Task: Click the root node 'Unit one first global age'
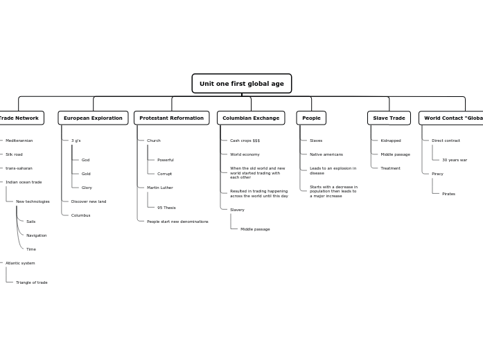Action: pos(241,84)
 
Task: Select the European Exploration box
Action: pos(93,118)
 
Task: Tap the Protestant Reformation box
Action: pos(171,118)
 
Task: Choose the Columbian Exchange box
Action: pos(251,118)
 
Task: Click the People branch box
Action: pos(311,118)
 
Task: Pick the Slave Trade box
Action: pos(389,118)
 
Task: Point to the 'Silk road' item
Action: pos(14,154)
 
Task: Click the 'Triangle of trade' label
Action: pos(32,282)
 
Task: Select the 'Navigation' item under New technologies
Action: pos(37,235)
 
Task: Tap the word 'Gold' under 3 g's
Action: pos(86,174)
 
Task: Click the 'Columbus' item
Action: pos(80,215)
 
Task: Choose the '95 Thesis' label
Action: pos(166,208)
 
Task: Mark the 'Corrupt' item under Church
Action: pos(164,174)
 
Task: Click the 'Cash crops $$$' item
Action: pos(245,141)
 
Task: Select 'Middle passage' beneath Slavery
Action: pos(255,229)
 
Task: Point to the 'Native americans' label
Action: pos(326,154)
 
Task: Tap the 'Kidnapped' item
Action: pos(390,141)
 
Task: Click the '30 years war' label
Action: pos(455,160)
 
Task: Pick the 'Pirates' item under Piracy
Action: pos(448,194)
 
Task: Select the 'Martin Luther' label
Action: pos(160,188)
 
